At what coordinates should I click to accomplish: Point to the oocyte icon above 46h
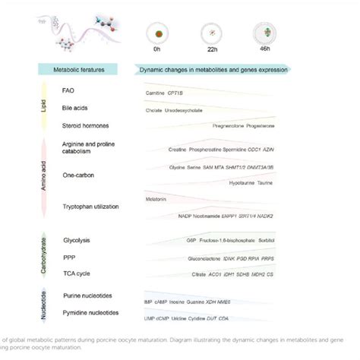(x=266, y=33)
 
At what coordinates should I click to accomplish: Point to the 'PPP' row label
(x=68, y=256)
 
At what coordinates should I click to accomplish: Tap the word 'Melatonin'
(x=155, y=199)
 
